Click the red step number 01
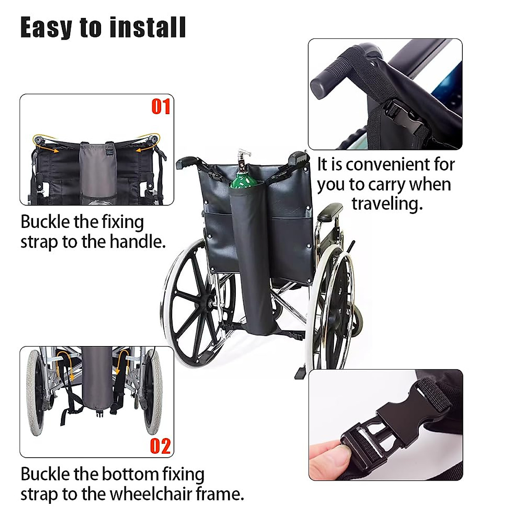(x=160, y=106)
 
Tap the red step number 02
(x=160, y=446)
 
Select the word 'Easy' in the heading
(x=46, y=28)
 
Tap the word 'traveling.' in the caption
(x=387, y=204)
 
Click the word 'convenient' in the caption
(x=394, y=165)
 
